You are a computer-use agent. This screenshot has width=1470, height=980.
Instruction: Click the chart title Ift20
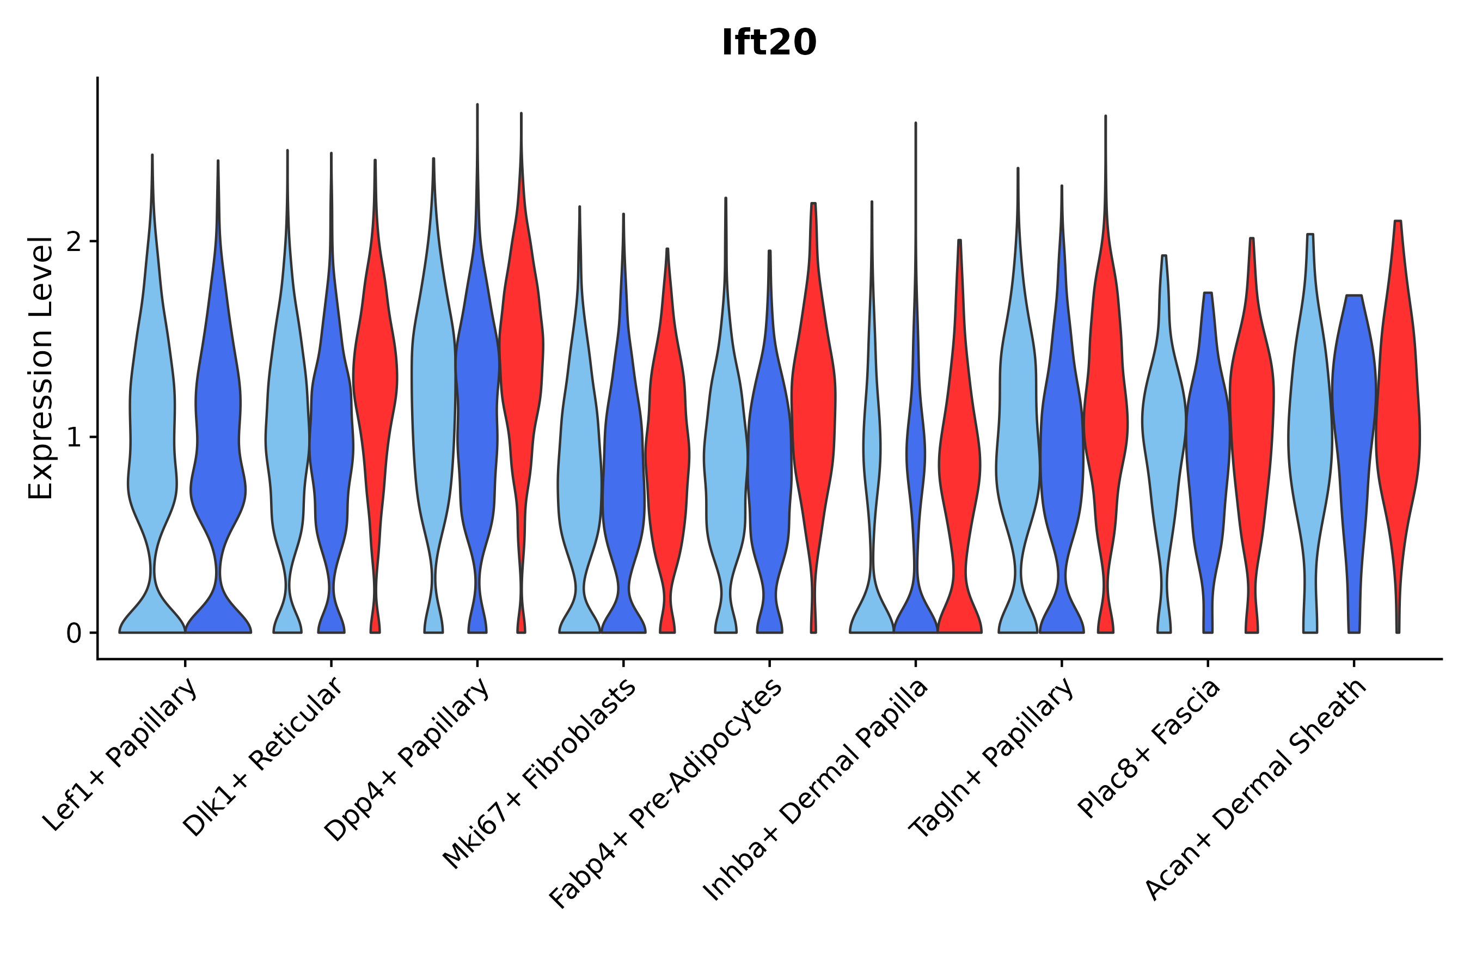pyautogui.click(x=769, y=43)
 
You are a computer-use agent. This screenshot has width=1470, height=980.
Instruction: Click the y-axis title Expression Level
pyautogui.click(x=41, y=367)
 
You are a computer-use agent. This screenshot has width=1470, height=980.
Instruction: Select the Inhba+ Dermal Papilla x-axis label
pyautogui.click(x=816, y=790)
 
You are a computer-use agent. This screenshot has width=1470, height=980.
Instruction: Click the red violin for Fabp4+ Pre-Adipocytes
pyautogui.click(x=813, y=406)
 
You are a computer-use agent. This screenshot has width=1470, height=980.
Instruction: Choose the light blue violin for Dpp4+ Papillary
pyautogui.click(x=433, y=406)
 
